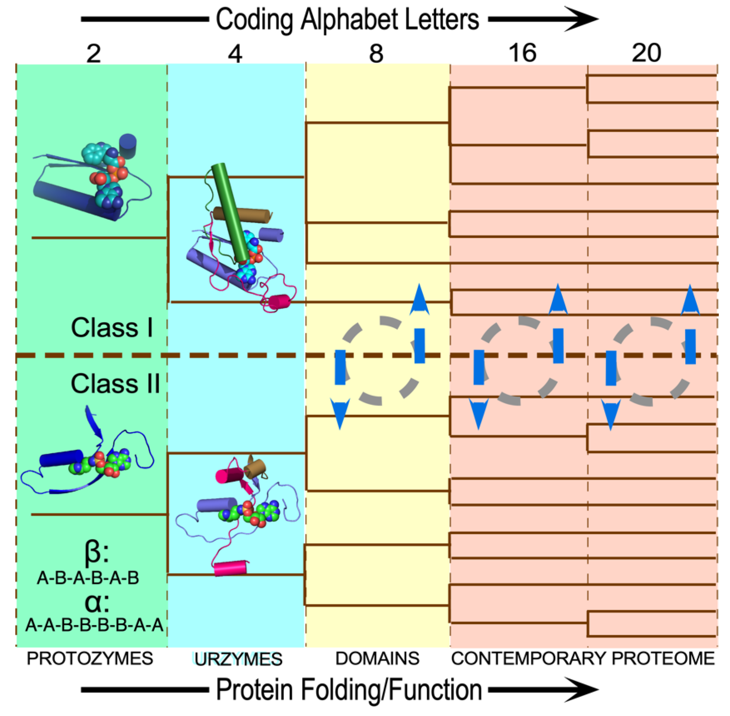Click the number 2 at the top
tap(94, 54)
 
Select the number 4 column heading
tap(235, 54)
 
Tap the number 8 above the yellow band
tap(376, 54)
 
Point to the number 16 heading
tap(522, 53)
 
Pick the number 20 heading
tap(646, 53)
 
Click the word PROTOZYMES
tap(90, 659)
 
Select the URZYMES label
tap(238, 659)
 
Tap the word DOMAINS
tap(377, 659)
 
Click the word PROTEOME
tap(663, 659)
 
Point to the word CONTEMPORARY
tap(529, 659)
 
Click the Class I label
tap(112, 328)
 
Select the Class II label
tap(115, 383)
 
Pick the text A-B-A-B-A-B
tap(88, 578)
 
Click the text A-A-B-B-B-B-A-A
tap(95, 625)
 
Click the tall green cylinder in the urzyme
tap(231, 212)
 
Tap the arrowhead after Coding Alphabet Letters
tap(583, 19)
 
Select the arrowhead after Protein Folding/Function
tap(583, 690)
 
